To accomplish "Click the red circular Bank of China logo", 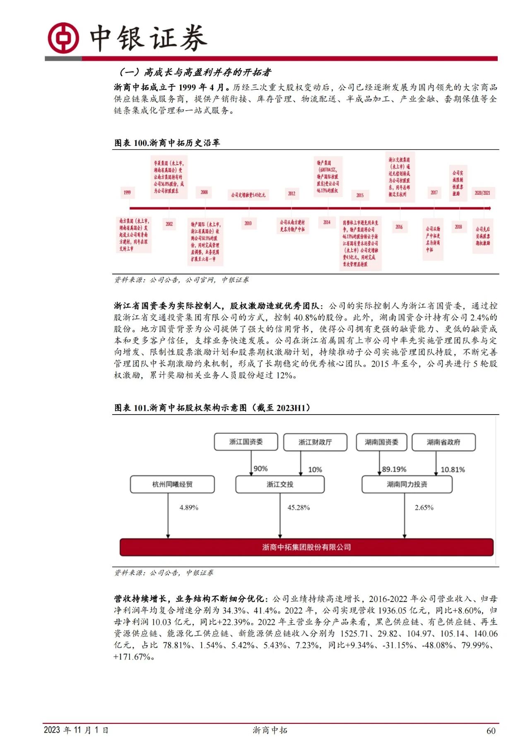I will [63, 38].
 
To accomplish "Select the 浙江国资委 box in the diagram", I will [246, 442].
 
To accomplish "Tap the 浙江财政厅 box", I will [315, 442].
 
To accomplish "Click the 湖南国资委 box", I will [381, 442].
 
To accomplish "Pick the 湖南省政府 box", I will [443, 442].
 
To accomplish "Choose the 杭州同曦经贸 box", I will [172, 484].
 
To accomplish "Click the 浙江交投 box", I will [280, 484].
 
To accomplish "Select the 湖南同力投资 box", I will [407, 484].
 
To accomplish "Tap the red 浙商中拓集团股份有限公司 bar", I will [306, 547].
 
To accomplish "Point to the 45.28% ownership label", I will [299, 507].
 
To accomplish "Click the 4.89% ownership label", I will [189, 507].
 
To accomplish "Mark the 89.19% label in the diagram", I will [394, 469].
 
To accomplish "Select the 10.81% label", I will [453, 470].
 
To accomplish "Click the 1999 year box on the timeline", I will [127, 192].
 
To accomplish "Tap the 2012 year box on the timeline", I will [291, 194].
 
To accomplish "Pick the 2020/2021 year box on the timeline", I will [482, 193].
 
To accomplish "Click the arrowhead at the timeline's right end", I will [489, 208].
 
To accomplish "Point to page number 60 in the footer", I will [491, 731].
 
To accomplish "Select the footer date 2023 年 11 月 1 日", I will [76, 730].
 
